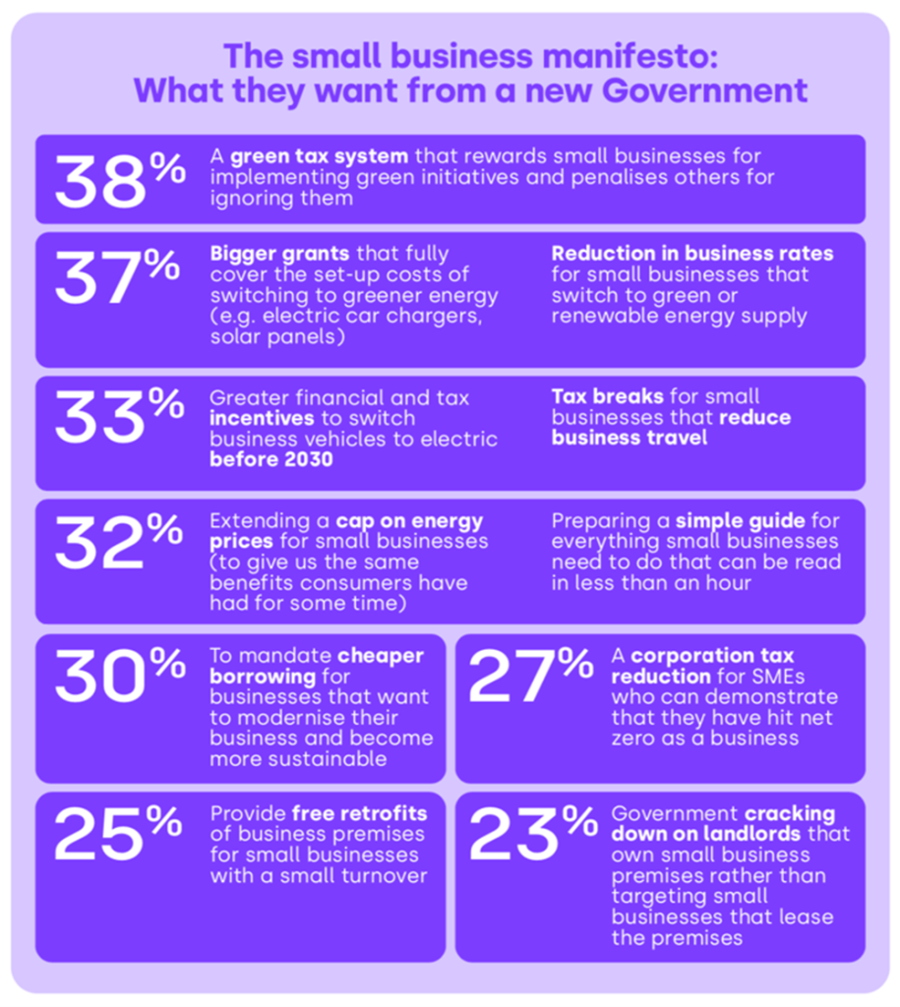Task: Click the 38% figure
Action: [119, 180]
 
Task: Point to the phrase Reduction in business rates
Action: [691, 253]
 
